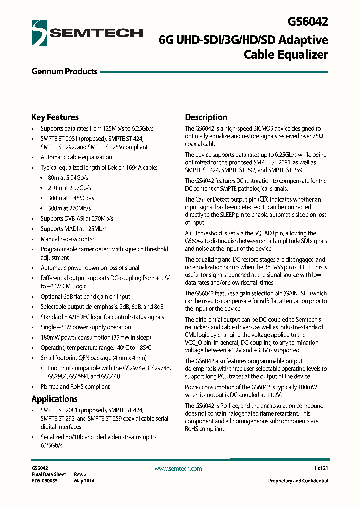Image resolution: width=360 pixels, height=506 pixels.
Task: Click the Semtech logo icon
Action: [39, 33]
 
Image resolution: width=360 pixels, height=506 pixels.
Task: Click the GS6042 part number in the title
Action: [308, 22]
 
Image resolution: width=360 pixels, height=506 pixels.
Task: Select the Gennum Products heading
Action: [64, 72]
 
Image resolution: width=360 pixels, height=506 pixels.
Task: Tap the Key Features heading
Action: [55, 118]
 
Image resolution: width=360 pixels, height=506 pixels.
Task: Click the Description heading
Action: [206, 118]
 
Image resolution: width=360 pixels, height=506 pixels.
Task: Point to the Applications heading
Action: [54, 399]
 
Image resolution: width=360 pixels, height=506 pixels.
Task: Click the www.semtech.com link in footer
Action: [178, 469]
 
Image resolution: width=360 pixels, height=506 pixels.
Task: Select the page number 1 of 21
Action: [321, 468]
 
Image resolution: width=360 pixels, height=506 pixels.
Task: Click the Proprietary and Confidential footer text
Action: [298, 481]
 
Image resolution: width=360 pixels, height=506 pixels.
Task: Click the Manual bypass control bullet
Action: [68, 239]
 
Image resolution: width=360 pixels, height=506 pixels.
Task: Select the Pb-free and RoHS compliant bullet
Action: [75, 387]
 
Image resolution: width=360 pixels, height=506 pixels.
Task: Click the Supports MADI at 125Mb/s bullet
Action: [73, 229]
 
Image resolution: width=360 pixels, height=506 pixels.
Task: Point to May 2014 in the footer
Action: [84, 481]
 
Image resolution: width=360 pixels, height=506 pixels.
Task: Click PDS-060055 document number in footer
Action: [45, 481]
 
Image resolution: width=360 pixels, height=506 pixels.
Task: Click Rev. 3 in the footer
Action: [81, 474]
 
